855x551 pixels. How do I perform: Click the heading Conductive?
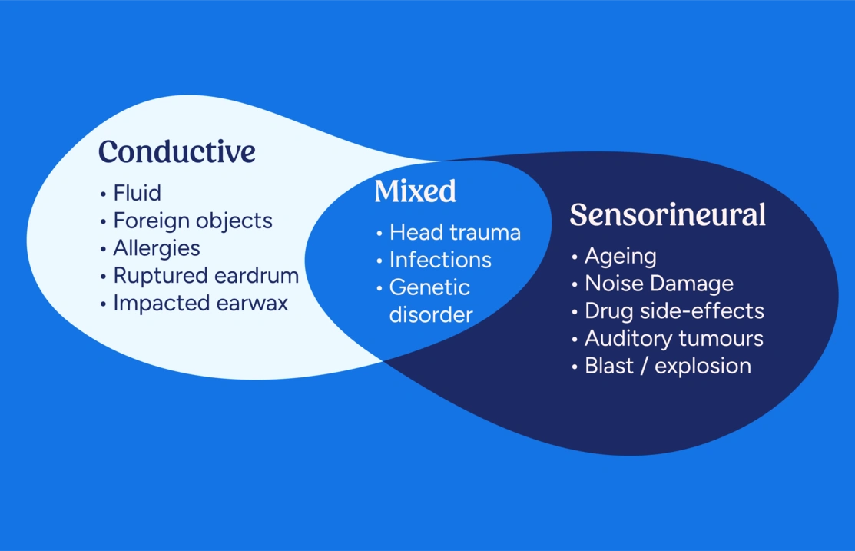point(177,151)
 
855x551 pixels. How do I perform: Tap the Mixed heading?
point(415,191)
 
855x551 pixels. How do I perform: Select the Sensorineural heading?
point(667,215)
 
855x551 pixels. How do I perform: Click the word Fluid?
point(137,192)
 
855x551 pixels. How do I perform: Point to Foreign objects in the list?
point(193,221)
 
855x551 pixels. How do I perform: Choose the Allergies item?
point(157,248)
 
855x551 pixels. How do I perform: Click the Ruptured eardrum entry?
point(206,275)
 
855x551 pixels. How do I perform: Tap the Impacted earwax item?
point(200,303)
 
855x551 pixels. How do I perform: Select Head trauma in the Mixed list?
point(455,232)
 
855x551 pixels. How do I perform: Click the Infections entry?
point(440,260)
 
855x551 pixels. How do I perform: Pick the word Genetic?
point(429,287)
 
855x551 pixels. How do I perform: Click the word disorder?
point(430,314)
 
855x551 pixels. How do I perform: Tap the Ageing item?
point(621,256)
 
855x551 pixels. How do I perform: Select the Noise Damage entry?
point(659,284)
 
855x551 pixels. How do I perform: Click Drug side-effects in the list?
point(674,311)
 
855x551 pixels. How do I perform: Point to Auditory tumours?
point(674,338)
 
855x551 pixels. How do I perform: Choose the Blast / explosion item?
point(668,366)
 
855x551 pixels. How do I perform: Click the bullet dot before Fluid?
point(104,194)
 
